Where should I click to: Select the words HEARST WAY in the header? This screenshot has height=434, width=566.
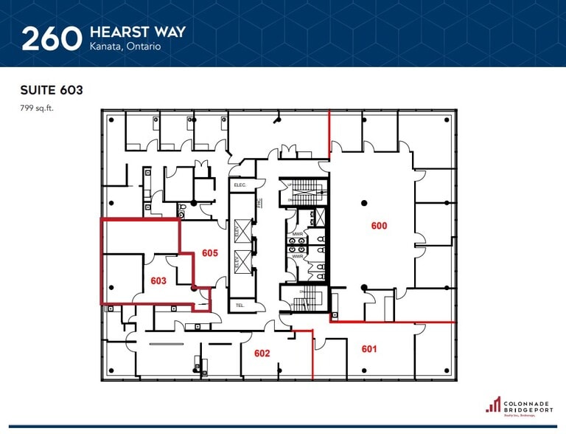point(137,32)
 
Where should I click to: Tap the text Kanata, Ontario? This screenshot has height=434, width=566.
point(124,46)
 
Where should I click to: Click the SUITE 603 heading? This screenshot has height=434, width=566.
point(51,91)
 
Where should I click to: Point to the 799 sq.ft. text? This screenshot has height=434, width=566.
point(37,108)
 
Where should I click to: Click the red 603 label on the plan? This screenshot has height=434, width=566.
point(158,280)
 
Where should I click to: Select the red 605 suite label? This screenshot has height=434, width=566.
point(210,253)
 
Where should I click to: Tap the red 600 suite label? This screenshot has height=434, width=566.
point(379,226)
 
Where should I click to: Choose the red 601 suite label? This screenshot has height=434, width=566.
point(369,348)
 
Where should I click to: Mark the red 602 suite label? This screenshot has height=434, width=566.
point(262,354)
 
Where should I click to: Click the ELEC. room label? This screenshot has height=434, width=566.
point(240,185)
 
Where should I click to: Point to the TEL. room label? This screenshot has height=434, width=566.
point(240,304)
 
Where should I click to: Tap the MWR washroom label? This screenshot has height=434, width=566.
point(298,235)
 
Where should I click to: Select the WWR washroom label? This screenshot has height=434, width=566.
point(298,256)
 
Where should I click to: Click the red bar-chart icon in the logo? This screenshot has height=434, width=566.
point(493,404)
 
